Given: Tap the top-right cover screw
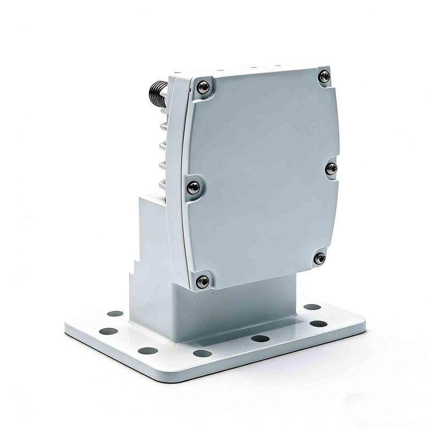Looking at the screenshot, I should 323,77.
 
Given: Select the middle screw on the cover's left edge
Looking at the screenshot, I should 193,187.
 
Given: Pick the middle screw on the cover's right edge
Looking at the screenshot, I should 331,169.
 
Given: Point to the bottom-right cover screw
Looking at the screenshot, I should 320,258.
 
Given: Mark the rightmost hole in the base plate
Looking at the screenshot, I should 319,324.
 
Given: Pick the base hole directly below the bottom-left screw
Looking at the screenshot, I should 202,353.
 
